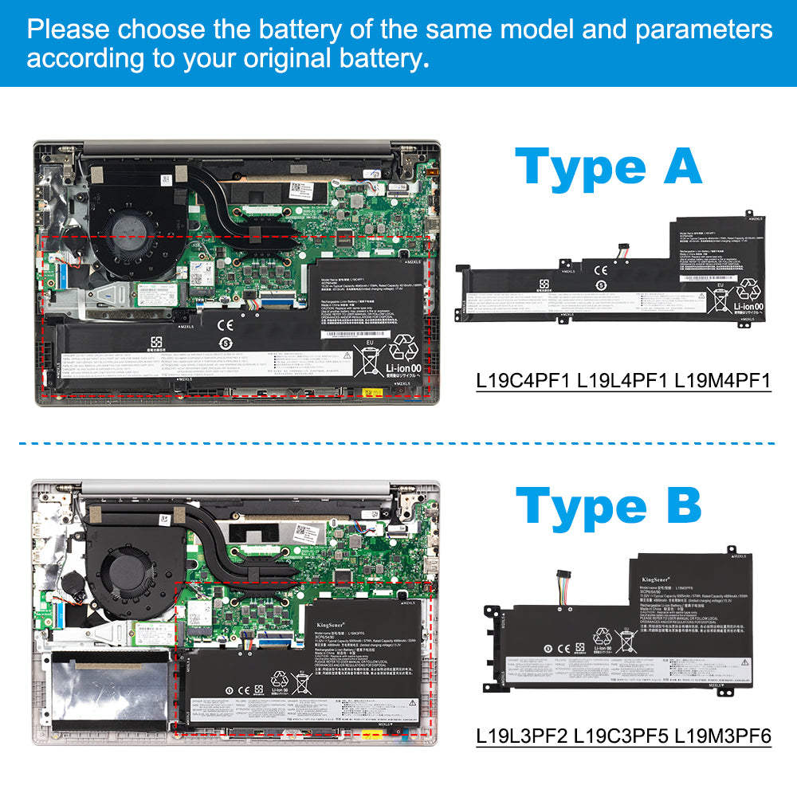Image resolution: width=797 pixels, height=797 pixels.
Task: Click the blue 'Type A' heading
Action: pyautogui.click(x=608, y=167)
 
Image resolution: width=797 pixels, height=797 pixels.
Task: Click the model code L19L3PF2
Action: pyautogui.click(x=524, y=736)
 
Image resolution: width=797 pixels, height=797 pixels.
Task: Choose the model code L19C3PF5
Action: pyautogui.click(x=622, y=736)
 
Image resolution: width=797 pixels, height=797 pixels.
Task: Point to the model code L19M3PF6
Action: pyautogui.click(x=722, y=736)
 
